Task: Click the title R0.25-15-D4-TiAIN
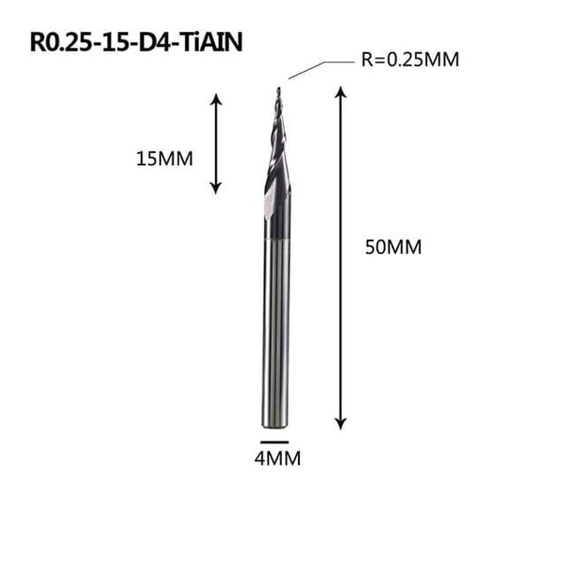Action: [136, 42]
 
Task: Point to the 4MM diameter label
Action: [274, 462]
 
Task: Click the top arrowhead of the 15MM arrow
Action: [216, 97]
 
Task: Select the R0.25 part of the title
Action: [58, 42]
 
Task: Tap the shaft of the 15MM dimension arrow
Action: [216, 141]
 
